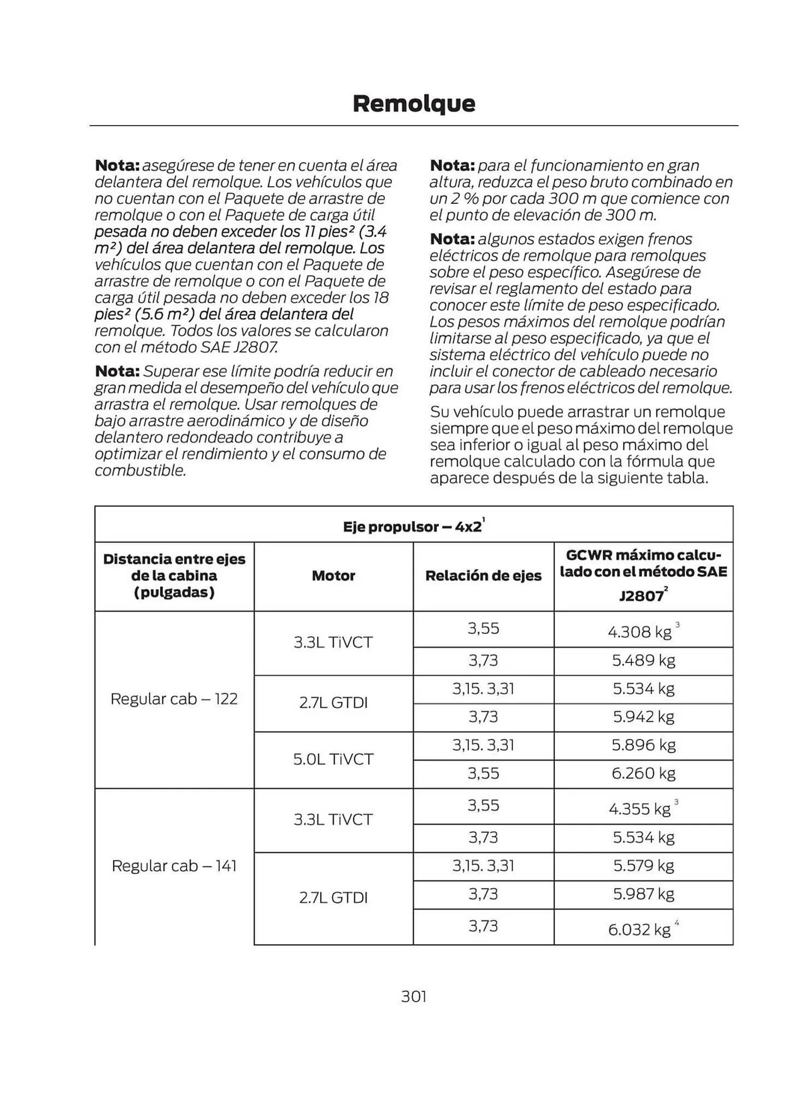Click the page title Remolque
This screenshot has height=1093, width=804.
(x=414, y=103)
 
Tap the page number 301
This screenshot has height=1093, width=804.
(x=413, y=996)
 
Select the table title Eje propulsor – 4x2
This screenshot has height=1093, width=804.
(x=413, y=526)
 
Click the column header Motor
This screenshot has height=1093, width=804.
(x=333, y=575)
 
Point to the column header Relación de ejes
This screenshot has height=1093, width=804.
(x=483, y=575)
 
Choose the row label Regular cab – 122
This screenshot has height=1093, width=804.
(x=174, y=699)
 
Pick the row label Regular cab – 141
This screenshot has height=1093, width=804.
(x=174, y=866)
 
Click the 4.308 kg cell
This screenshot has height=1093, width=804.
(x=639, y=632)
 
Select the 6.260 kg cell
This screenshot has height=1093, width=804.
(x=643, y=773)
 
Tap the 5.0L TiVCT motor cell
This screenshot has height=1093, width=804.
(x=333, y=759)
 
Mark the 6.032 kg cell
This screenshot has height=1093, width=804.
(x=639, y=929)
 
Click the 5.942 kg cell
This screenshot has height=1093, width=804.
(x=643, y=716)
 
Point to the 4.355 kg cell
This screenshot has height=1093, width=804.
(x=639, y=809)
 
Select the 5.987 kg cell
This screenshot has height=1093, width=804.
(x=643, y=894)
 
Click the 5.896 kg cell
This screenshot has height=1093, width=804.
(x=643, y=745)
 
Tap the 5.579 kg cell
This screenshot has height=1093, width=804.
(x=643, y=866)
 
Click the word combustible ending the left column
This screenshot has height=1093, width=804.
(x=140, y=471)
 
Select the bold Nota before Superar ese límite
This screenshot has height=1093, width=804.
(x=117, y=372)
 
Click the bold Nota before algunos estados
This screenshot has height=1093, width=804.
(x=452, y=239)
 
